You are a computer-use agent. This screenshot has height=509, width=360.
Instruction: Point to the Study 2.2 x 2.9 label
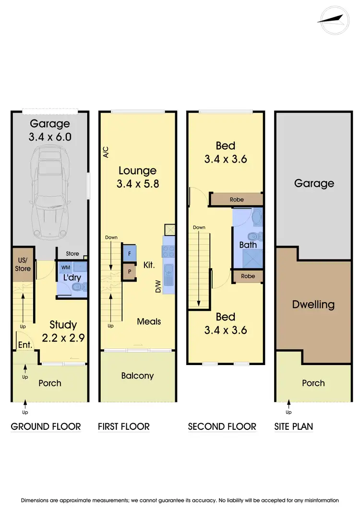[63, 331]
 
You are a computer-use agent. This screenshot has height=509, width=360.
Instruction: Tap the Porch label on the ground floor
[50, 383]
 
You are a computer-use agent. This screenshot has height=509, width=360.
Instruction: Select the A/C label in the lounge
[106, 152]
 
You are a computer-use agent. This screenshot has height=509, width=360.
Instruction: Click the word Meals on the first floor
[149, 321]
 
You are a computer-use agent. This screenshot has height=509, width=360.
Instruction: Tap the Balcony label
[137, 376]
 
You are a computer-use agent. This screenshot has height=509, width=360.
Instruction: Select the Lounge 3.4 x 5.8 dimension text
[138, 177]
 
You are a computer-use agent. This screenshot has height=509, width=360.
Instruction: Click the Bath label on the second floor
[248, 245]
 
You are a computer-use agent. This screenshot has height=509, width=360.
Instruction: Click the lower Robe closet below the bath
[248, 276]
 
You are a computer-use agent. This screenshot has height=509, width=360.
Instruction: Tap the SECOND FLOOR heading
[222, 426]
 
